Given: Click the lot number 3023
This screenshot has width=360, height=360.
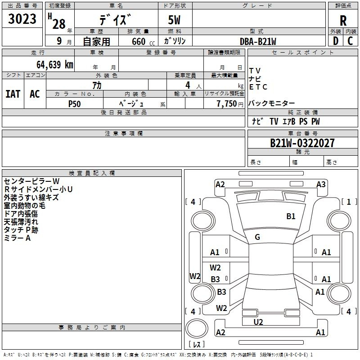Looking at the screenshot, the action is click(x=22, y=18).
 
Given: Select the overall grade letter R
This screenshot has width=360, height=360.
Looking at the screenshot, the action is click(x=343, y=21).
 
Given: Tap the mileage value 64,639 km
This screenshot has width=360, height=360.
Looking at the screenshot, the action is click(x=55, y=65).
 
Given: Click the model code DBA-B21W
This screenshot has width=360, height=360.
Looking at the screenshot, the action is click(x=258, y=41).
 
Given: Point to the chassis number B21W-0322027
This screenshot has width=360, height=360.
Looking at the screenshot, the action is click(x=302, y=143).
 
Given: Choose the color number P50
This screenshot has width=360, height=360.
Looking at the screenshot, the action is click(x=74, y=104).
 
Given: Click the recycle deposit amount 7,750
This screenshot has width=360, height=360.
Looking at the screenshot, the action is click(x=227, y=103).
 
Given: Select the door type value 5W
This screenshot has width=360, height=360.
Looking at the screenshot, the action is click(x=174, y=20).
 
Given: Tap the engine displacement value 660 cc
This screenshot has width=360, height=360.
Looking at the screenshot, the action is click(x=143, y=41).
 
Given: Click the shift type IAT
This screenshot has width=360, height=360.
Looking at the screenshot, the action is click(x=13, y=94).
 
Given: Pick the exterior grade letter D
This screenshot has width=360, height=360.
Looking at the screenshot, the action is click(x=336, y=41).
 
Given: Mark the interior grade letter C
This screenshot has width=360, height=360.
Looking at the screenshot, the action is click(x=350, y=41).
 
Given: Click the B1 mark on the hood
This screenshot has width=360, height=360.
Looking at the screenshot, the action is click(x=291, y=216).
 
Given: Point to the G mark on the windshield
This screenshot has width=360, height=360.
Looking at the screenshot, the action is click(x=257, y=237).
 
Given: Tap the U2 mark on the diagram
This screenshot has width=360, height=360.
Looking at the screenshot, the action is click(x=258, y=322).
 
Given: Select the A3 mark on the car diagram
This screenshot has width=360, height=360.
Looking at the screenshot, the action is click(x=321, y=184).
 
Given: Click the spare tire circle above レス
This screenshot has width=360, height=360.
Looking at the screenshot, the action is click(x=197, y=328).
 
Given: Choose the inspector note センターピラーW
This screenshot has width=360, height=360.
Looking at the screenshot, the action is click(x=31, y=181).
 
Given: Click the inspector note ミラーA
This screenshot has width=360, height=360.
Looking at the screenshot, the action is click(x=17, y=238).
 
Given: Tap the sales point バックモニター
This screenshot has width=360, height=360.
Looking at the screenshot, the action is click(x=272, y=103).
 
